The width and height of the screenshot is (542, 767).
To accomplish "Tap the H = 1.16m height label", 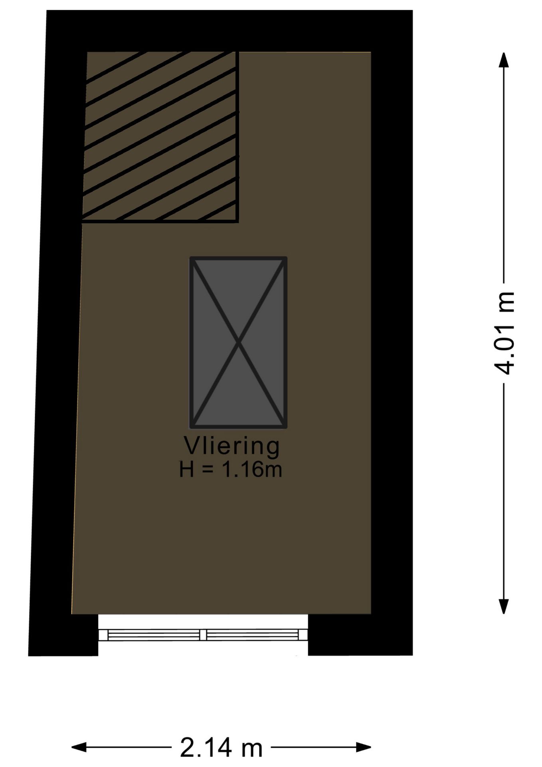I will coord(231,469).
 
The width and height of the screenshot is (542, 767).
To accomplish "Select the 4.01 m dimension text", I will coord(504,333).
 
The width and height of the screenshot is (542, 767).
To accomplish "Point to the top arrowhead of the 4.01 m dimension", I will coord(504,60).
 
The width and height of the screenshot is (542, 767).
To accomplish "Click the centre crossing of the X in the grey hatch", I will coord(239,342).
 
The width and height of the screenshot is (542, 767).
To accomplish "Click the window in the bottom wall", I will coord(203,634).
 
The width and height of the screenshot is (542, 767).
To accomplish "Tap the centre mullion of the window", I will coord(203,634).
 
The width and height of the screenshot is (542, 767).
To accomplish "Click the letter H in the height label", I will coord(186,469).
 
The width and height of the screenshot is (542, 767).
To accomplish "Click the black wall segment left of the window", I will coord(64,635).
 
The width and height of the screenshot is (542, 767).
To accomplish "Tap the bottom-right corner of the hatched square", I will coord(237,221).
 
